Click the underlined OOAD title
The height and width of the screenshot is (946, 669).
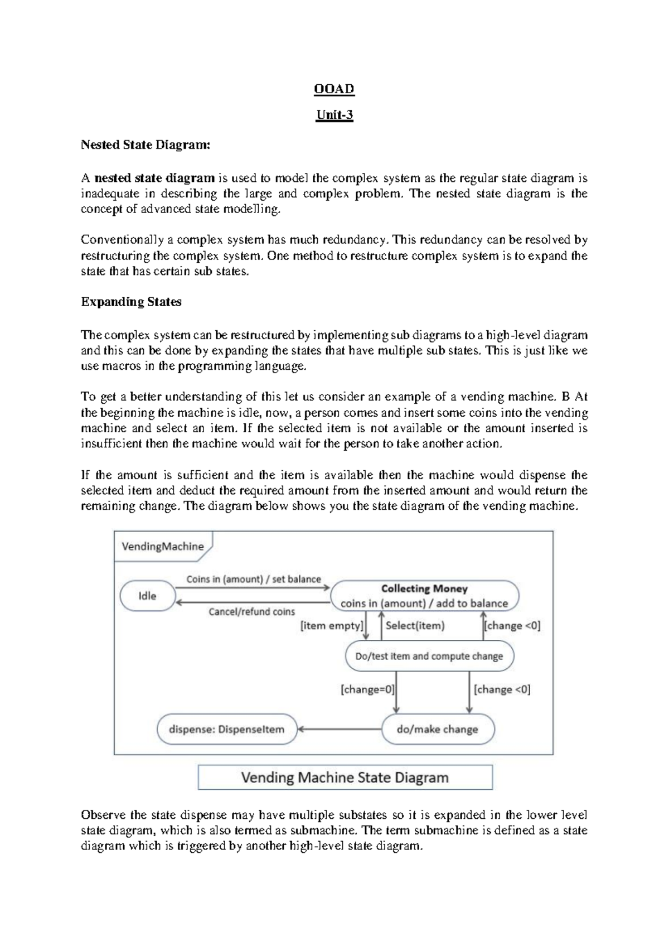tap(334, 89)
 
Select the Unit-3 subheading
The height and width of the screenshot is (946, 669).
tap(334, 115)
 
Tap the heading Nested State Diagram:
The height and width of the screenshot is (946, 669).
tap(146, 145)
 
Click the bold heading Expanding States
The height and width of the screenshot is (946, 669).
tap(131, 302)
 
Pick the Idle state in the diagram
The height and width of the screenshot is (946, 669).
tap(147, 596)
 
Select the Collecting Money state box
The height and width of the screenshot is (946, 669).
tap(424, 596)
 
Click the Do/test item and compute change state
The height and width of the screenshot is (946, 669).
tap(429, 656)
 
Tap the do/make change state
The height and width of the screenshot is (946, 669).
tap(438, 729)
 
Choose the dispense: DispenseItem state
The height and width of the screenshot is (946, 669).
tap(226, 729)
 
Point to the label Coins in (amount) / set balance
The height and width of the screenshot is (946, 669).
tap(254, 579)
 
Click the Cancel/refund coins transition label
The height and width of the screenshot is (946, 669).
tap(251, 612)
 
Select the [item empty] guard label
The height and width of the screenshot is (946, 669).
tap(332, 626)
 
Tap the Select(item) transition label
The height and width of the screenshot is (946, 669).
tap(415, 626)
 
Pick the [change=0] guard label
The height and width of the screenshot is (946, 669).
tap(367, 689)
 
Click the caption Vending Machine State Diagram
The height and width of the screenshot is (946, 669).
tap(345, 777)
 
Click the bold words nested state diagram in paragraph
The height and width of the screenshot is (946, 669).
tap(154, 178)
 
